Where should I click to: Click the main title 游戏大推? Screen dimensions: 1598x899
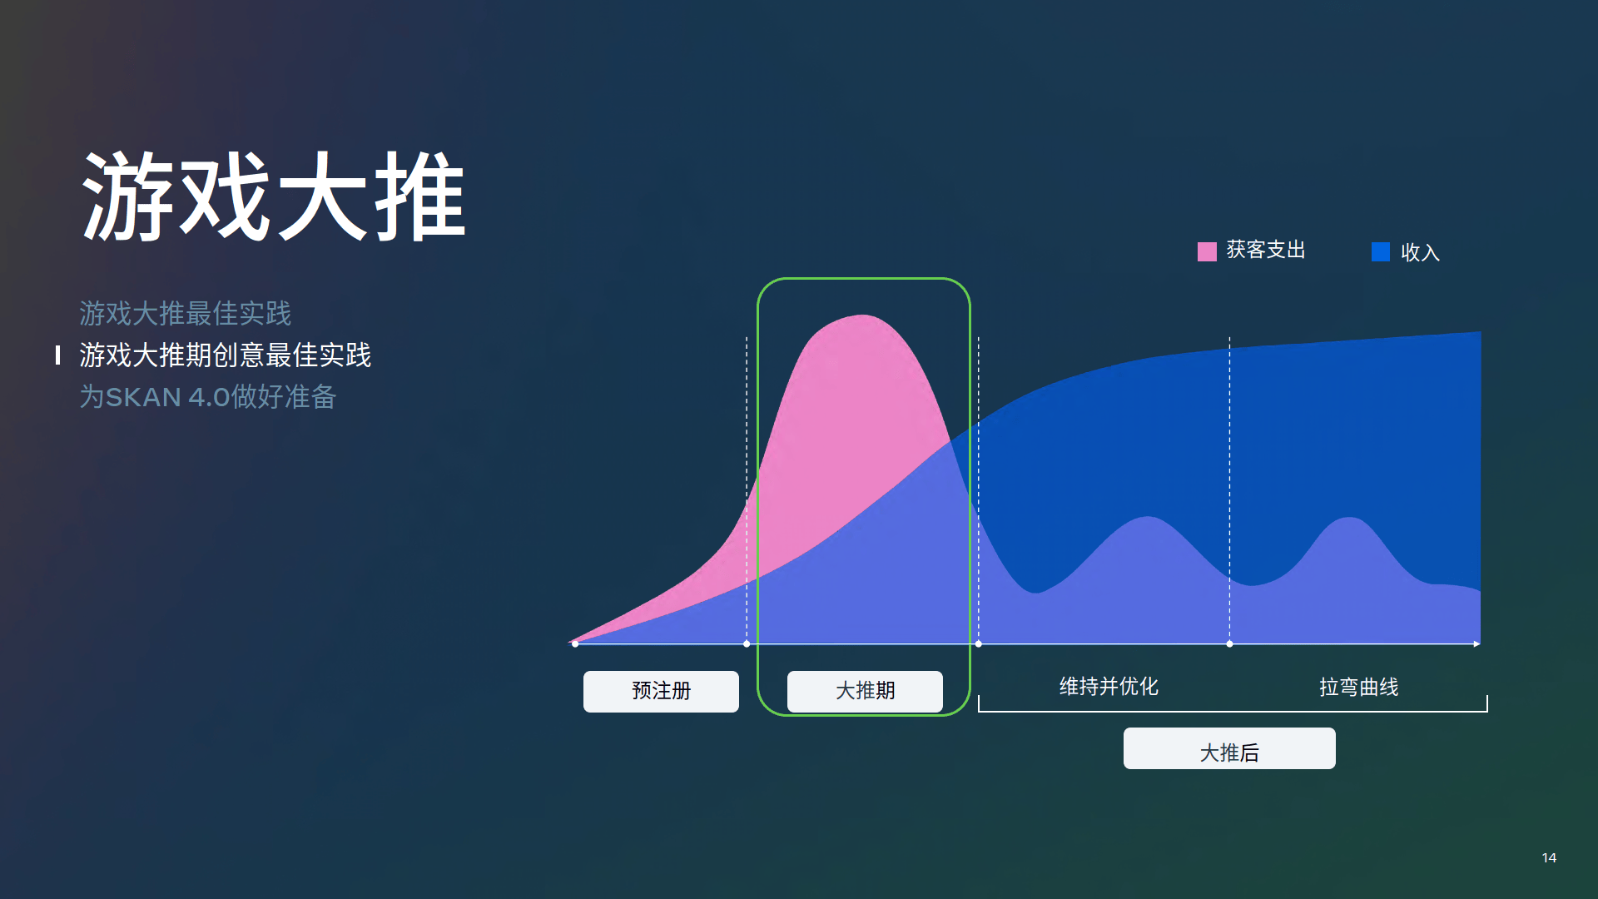(x=274, y=196)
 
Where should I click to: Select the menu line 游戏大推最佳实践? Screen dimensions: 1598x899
(x=186, y=314)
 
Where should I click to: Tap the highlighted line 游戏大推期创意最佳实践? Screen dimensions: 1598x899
(x=226, y=355)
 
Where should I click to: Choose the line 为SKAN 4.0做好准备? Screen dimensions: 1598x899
(x=208, y=397)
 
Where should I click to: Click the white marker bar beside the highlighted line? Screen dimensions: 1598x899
(x=57, y=355)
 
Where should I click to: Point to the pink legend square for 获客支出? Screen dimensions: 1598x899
(x=1207, y=251)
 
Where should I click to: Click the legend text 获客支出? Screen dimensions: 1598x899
(x=1266, y=250)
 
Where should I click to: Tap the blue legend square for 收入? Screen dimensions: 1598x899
(x=1381, y=251)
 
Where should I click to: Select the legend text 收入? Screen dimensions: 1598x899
(x=1420, y=252)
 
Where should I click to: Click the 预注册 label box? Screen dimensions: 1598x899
(x=661, y=691)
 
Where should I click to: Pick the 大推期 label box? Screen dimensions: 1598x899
(x=865, y=691)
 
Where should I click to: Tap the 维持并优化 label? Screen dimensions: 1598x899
(x=1109, y=687)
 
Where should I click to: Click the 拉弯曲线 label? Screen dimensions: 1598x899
(x=1359, y=688)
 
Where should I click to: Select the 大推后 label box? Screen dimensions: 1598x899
(x=1229, y=748)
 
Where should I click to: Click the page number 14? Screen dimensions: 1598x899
(x=1549, y=857)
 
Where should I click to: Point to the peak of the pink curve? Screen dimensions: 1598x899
(x=863, y=315)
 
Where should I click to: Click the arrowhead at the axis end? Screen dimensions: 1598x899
(x=1477, y=643)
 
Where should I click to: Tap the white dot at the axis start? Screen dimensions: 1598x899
(x=575, y=643)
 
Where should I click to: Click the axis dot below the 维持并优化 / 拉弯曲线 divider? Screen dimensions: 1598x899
(x=1229, y=643)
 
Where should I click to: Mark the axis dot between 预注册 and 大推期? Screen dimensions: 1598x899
(x=747, y=643)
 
